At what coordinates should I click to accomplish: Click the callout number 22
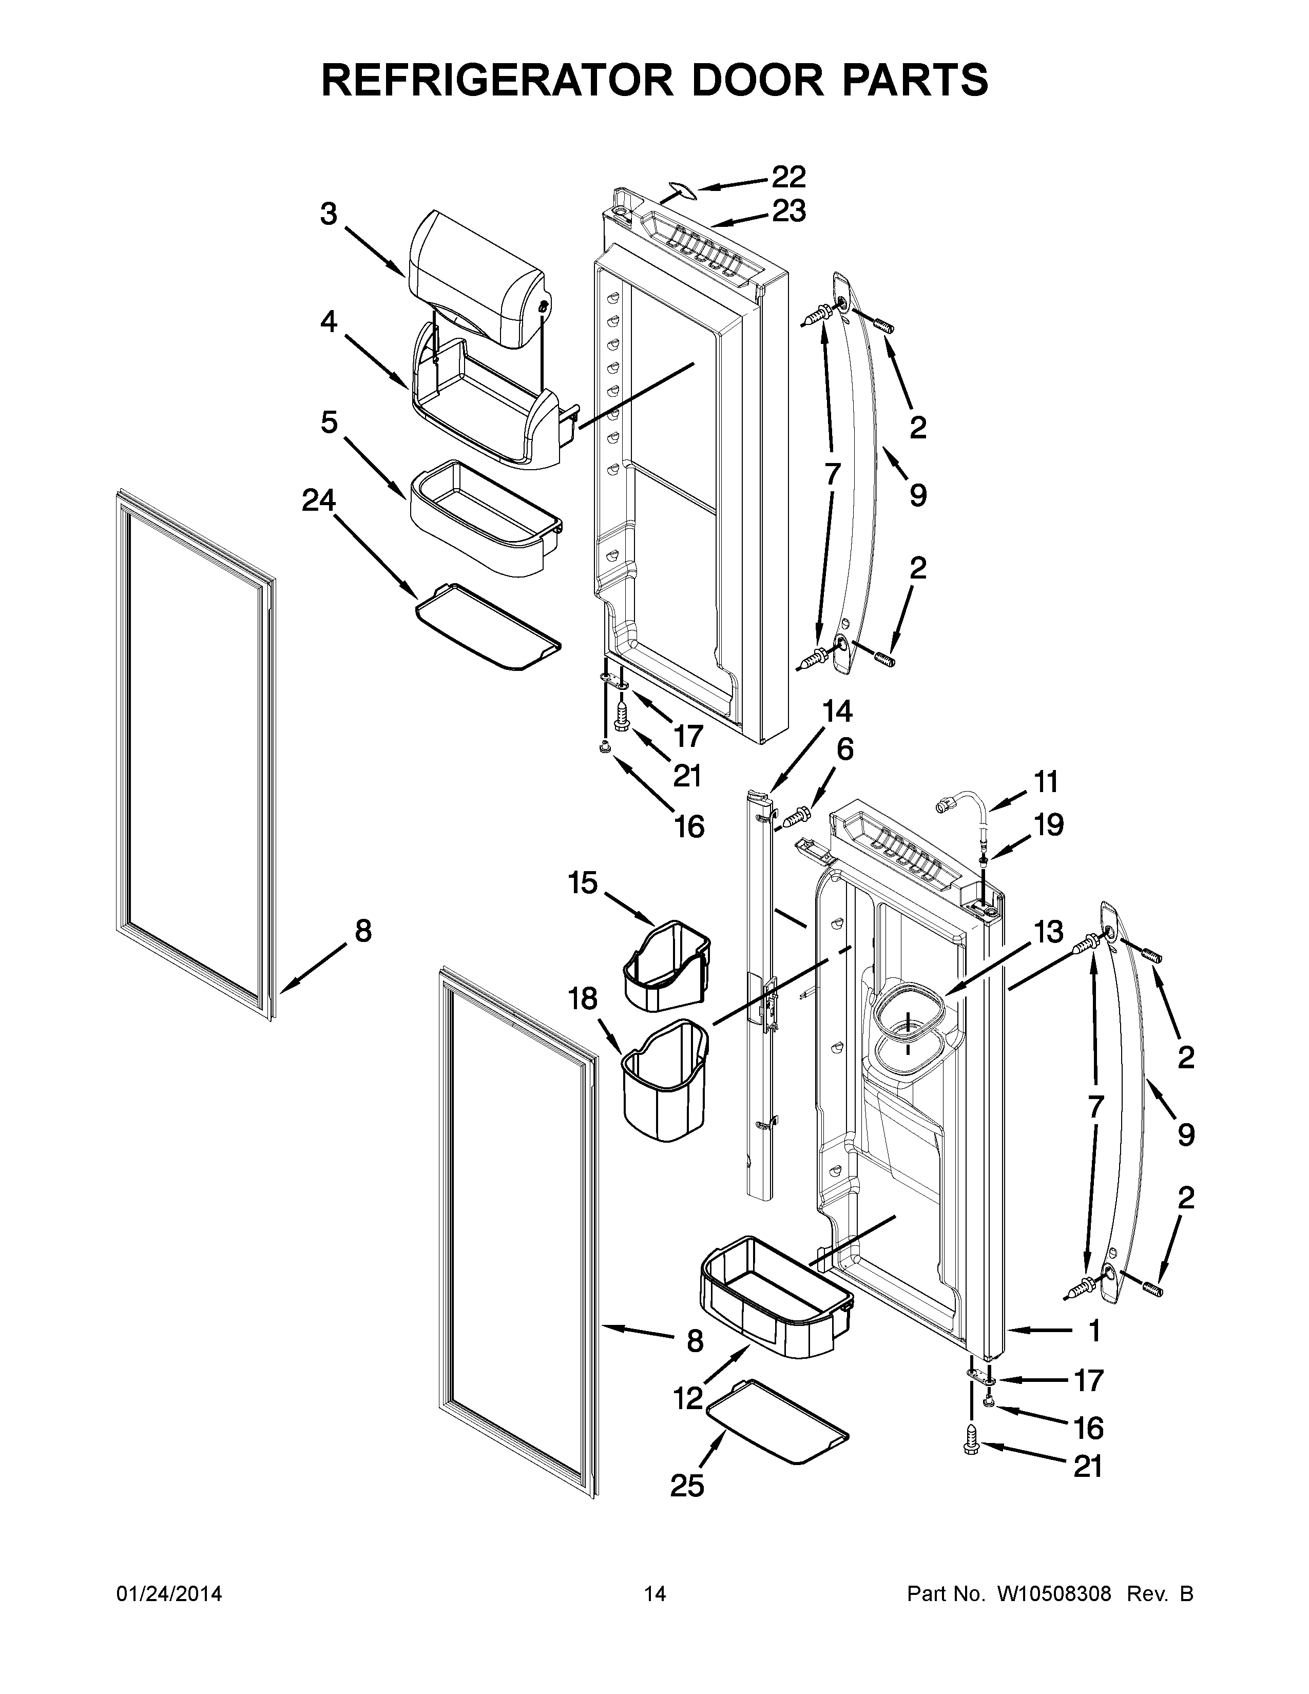tap(788, 178)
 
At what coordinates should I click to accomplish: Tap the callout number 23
tap(788, 211)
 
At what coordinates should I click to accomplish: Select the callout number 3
tap(329, 214)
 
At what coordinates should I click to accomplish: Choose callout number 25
tap(687, 1486)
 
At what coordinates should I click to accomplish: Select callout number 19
tap(1048, 825)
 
